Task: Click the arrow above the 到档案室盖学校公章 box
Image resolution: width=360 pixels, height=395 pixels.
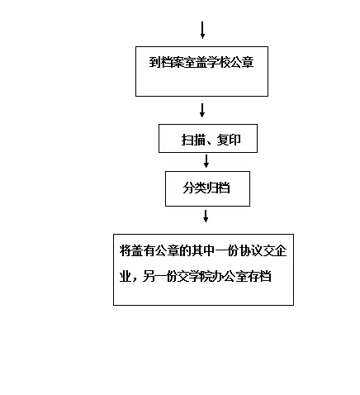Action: [202, 30]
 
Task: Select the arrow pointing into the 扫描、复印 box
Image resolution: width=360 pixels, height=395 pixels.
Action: [202, 110]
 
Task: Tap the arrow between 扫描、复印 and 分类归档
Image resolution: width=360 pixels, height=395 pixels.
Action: [206, 161]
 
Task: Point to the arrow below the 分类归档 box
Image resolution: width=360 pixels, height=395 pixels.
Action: [206, 216]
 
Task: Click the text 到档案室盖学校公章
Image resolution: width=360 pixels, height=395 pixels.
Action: [201, 62]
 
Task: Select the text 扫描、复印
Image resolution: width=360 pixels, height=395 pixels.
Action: [211, 140]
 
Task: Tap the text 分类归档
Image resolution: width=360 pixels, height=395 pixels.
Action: [206, 188]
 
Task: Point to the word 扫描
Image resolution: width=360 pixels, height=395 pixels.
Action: [193, 140]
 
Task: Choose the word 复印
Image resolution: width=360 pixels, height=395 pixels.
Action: [229, 140]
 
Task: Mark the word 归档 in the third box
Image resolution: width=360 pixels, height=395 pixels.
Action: [218, 188]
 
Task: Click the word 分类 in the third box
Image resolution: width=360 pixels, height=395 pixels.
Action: [195, 188]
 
